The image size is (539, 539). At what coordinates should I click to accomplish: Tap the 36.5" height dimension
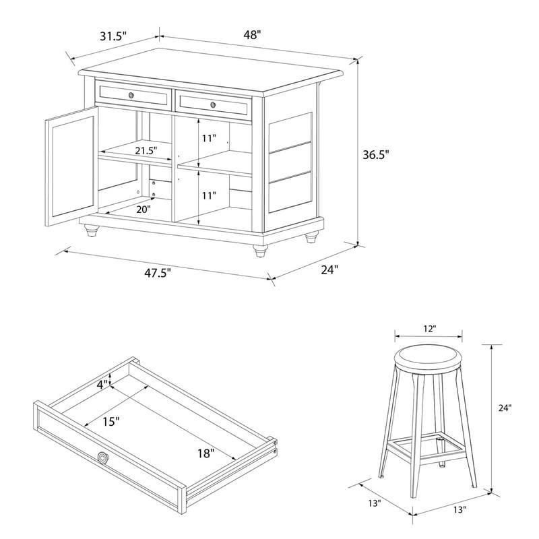(x=375, y=154)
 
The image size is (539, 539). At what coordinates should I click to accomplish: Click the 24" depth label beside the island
(x=328, y=269)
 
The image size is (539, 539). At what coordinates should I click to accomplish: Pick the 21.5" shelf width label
(x=146, y=150)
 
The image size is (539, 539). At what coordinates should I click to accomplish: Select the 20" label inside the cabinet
(x=144, y=209)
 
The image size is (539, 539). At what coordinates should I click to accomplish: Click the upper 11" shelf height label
(x=209, y=139)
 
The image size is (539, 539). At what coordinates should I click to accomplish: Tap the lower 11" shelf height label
(x=209, y=196)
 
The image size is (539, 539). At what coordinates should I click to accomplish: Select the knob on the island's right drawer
(x=213, y=104)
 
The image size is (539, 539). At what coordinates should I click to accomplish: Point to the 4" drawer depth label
(x=102, y=385)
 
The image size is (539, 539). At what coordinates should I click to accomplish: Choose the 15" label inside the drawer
(x=111, y=421)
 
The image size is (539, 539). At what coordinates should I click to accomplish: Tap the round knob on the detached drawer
(x=102, y=459)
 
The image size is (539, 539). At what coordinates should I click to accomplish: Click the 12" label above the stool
(x=429, y=328)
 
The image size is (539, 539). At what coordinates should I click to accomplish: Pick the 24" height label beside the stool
(x=505, y=408)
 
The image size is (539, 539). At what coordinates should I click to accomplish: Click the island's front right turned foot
(x=259, y=251)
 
